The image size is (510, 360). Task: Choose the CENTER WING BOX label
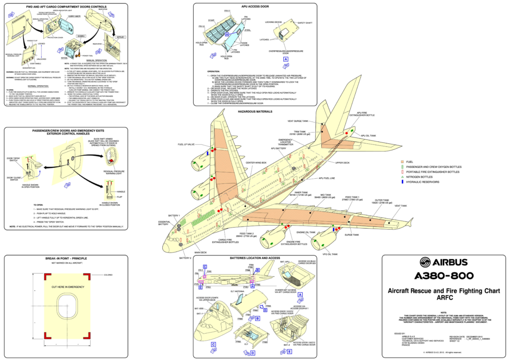click(256, 163)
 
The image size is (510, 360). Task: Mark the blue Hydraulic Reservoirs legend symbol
click(402, 182)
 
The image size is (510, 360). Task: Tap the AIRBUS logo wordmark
click(436, 263)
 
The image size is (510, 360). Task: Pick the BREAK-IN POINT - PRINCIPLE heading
click(66, 259)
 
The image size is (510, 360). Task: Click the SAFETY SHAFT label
click(305, 23)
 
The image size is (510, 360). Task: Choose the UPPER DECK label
click(343, 163)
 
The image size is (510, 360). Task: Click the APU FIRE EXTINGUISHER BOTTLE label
click(362, 115)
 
